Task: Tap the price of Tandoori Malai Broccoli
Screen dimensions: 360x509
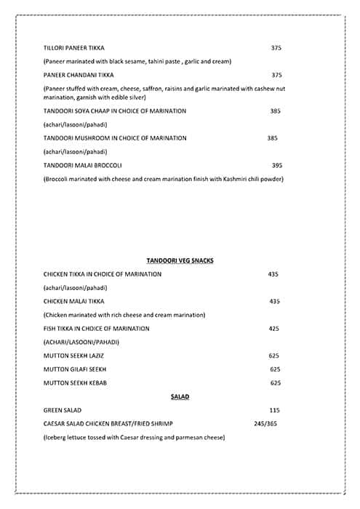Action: tap(276, 165)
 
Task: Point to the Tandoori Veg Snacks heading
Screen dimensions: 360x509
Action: tap(179, 260)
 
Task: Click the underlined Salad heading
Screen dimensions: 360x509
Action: tap(180, 396)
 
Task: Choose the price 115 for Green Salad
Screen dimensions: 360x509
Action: tap(274, 410)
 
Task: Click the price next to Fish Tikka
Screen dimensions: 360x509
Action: tap(274, 329)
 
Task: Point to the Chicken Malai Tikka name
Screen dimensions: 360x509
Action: tap(73, 301)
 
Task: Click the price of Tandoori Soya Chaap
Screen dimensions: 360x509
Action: tap(275, 111)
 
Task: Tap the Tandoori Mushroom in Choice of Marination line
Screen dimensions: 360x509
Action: tap(115, 137)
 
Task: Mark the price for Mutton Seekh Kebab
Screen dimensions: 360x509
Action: tap(275, 382)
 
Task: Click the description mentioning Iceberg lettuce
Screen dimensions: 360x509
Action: tap(134, 438)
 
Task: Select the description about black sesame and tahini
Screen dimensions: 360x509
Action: tap(137, 61)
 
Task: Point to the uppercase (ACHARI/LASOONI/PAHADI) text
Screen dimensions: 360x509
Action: tap(81, 342)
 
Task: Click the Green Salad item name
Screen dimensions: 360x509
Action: tap(63, 410)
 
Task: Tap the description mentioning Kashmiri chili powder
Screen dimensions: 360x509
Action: tap(163, 179)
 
